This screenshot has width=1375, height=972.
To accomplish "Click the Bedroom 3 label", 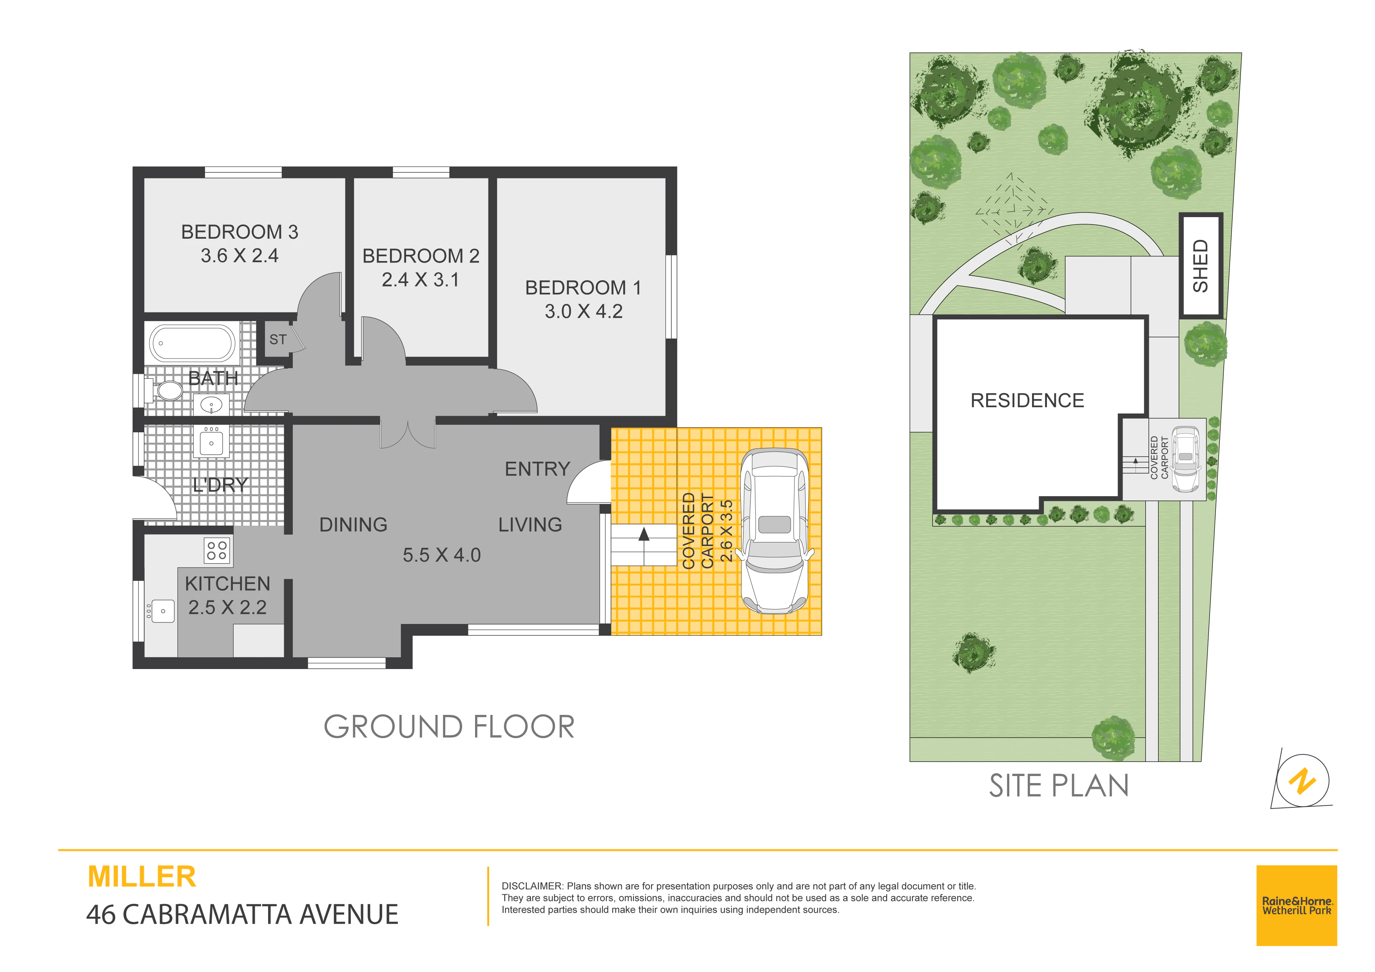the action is click(239, 232).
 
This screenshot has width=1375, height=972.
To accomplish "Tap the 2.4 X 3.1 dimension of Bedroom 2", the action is click(421, 280).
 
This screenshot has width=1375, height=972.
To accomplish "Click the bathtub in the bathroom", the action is click(193, 343).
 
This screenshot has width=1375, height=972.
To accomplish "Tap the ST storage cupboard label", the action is click(278, 339).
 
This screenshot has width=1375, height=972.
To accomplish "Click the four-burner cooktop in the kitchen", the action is click(217, 550).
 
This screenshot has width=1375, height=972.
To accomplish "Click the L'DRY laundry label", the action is click(220, 484).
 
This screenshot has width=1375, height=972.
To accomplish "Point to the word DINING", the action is click(353, 525).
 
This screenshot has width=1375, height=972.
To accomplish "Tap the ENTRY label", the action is click(537, 469).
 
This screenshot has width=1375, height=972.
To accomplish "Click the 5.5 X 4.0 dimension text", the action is click(441, 555).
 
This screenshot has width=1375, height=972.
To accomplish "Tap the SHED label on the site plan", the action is click(1201, 266).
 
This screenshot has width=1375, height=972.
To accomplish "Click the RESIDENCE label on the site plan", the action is click(1027, 400).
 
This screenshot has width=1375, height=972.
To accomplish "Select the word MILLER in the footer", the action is click(142, 877).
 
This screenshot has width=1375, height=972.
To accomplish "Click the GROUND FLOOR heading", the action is click(449, 727).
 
